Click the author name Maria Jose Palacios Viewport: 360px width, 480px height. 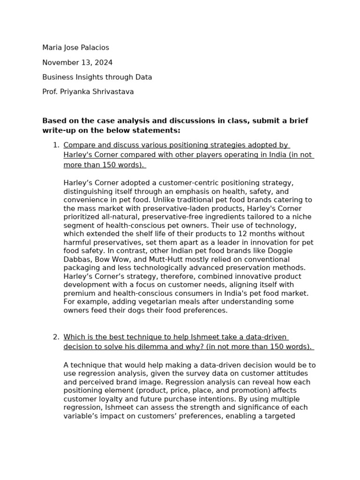click(x=75, y=48)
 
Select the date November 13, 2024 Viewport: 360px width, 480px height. click(x=77, y=63)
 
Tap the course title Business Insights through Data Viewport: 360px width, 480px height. click(x=97, y=77)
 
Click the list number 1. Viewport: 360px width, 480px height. click(x=55, y=145)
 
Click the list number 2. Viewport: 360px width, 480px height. click(x=55, y=337)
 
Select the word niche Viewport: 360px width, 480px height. click(x=300, y=217)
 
